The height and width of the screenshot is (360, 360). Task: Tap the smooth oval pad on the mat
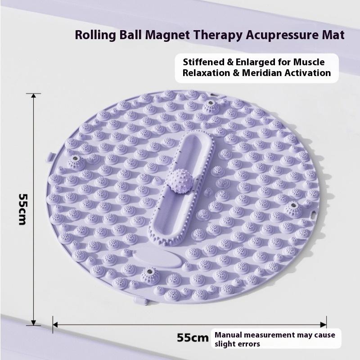[x=157, y=258]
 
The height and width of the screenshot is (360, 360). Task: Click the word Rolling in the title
[x=95, y=36]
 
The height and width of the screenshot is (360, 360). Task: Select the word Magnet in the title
[x=167, y=35]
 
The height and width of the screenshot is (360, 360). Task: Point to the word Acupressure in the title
[x=280, y=36]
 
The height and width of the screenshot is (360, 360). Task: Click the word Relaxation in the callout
[x=206, y=73]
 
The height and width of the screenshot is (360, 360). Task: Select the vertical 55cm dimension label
[x=23, y=209]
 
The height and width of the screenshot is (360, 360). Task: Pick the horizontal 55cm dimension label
[x=193, y=338]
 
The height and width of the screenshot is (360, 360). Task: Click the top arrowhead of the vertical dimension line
[x=33, y=95]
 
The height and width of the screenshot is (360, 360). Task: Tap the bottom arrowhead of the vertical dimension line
[x=33, y=323]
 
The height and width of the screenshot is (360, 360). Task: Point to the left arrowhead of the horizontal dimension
[x=55, y=324]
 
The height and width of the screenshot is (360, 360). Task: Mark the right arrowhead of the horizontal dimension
[x=324, y=324]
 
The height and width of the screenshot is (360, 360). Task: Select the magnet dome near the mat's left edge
[x=76, y=162]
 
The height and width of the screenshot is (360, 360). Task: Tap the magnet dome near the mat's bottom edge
[x=150, y=275]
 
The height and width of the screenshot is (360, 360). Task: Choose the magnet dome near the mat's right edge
[x=293, y=209]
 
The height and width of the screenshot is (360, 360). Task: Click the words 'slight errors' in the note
[x=237, y=344]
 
